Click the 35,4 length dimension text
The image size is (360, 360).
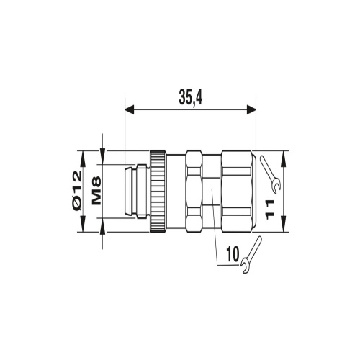coord(191,98)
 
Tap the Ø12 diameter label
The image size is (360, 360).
coord(77,192)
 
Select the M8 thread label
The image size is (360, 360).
coord(96,191)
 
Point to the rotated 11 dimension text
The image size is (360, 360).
coord(270,209)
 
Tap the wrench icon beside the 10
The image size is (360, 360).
coord(251,255)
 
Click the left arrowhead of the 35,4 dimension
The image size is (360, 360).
coord(130,109)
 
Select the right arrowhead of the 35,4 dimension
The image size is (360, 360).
coord(251,109)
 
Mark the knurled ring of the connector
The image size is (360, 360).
coord(158,192)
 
